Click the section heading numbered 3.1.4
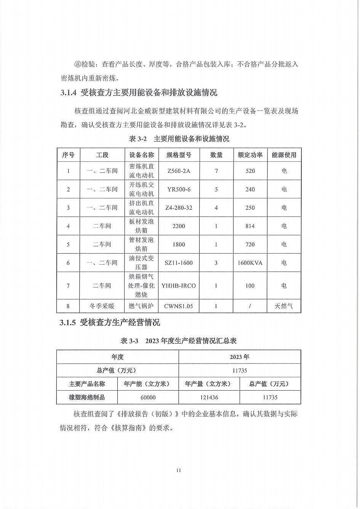tap(139, 93)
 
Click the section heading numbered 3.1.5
tap(110, 323)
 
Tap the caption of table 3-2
tap(179, 139)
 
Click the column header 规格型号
tap(179, 155)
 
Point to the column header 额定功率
tap(250, 155)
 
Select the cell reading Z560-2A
tap(179, 171)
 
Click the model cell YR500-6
tap(179, 189)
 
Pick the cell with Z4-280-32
tap(179, 208)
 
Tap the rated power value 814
tap(250, 226)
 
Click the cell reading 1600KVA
tap(250, 263)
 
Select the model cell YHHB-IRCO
tap(179, 286)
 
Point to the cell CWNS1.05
tap(179, 306)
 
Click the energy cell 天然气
tap(284, 306)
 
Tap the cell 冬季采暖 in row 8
tap(102, 306)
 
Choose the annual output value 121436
tap(209, 397)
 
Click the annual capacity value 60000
tap(148, 397)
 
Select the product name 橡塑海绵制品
tap(87, 397)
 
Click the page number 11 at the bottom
tap(179, 471)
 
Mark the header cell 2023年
tap(240, 357)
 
